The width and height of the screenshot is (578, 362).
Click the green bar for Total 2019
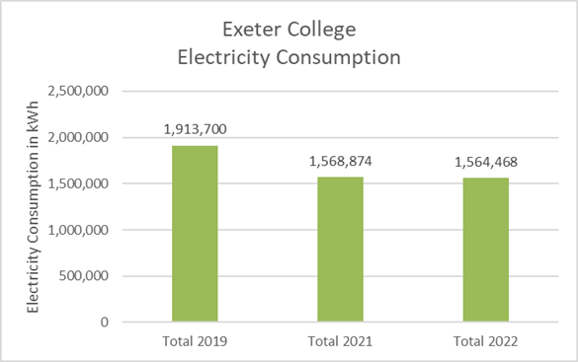(x=195, y=234)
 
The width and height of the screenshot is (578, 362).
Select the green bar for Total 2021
(x=340, y=250)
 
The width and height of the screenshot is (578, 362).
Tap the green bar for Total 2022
(x=486, y=250)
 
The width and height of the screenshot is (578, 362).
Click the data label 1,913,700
(x=195, y=129)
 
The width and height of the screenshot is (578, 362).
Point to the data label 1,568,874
(x=340, y=161)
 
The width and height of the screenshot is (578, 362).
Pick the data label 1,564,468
(x=486, y=162)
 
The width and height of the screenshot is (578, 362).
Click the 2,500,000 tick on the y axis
(x=78, y=91)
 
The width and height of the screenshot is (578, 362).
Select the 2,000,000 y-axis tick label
(x=78, y=137)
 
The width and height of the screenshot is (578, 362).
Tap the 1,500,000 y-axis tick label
(x=78, y=183)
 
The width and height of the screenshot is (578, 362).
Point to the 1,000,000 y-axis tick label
(x=78, y=230)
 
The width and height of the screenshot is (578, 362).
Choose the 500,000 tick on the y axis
(x=84, y=275)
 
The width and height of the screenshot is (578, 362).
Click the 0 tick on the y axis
(x=105, y=323)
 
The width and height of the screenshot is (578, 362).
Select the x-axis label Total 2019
(x=195, y=341)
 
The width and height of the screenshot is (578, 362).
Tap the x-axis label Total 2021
(x=340, y=341)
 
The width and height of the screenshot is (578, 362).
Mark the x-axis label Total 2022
(x=486, y=341)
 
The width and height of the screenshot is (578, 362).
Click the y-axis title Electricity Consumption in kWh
(x=33, y=207)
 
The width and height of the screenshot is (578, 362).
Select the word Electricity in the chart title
(x=223, y=58)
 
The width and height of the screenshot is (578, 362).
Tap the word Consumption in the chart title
(x=338, y=58)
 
